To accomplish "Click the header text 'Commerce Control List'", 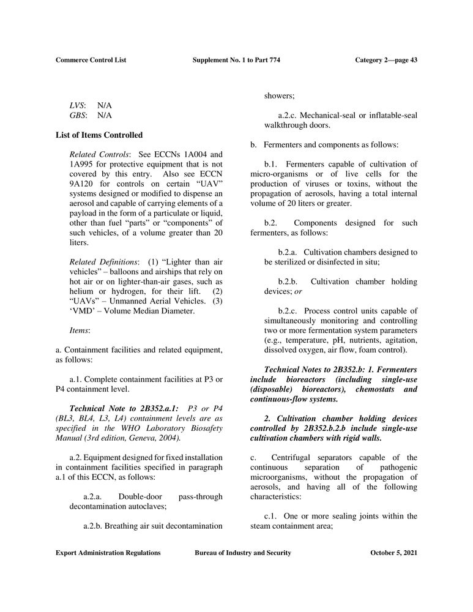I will pos(95,59).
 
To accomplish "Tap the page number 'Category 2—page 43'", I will pos(386,59).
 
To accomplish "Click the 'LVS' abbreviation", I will pos(77,105).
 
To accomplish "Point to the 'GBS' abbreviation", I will pos(78,115).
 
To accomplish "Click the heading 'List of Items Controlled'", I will pos(99,135).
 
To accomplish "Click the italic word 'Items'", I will pos(80,330).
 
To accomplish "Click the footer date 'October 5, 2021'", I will pos(394,553).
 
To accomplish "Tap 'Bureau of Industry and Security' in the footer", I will pos(243,553).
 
